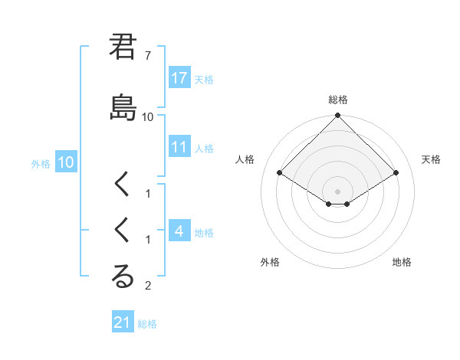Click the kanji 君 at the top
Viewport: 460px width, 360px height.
tap(123, 47)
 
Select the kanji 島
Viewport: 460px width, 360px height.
tap(123, 106)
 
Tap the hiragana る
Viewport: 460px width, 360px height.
tap(123, 277)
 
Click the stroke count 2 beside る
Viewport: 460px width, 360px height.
tap(148, 286)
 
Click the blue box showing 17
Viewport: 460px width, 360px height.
tap(179, 78)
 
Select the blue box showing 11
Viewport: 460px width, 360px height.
tap(179, 148)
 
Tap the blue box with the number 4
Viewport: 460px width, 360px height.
tap(179, 231)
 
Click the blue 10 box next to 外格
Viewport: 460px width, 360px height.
tap(65, 162)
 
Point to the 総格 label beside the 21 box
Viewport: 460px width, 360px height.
tap(147, 324)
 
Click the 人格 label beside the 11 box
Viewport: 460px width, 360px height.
tap(204, 149)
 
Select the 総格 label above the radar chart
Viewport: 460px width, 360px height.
tap(337, 100)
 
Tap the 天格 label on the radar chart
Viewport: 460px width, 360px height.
tap(431, 159)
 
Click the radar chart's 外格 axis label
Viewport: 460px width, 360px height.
tap(269, 262)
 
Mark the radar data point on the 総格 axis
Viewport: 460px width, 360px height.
tap(337, 116)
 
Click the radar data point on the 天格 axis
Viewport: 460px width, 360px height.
tap(396, 173)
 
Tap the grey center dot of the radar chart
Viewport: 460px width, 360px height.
tap(337, 191)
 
